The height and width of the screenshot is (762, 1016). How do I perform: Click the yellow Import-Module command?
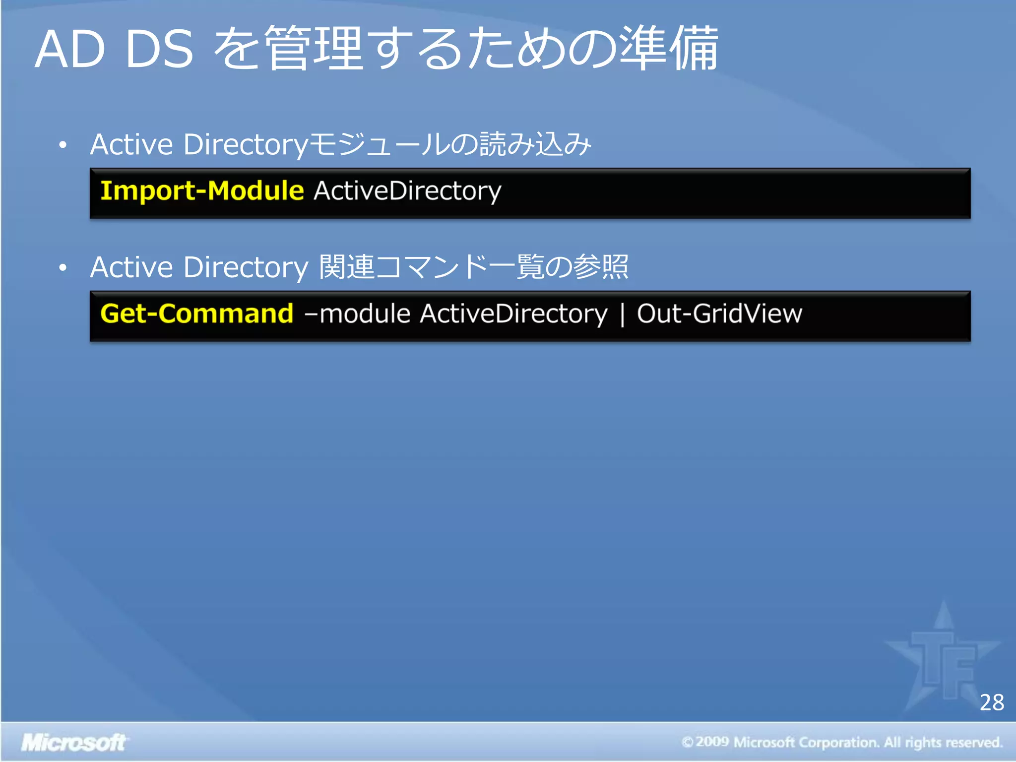201,191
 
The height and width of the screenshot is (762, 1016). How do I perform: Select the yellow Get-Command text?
196,314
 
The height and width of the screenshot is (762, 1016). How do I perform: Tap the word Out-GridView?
719,314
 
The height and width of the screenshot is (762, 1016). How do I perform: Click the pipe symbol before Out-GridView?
622,315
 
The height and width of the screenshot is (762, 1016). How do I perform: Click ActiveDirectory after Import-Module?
407,191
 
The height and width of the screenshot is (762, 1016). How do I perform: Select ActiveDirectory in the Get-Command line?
513,314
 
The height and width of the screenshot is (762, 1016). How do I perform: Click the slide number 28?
991,702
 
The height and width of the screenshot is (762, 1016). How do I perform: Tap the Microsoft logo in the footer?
73,743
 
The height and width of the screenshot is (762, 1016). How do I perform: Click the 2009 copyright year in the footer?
712,742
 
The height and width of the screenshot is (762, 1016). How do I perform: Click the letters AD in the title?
70,50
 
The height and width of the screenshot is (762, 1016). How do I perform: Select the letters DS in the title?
159,50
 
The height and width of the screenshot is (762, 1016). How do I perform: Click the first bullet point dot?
63,145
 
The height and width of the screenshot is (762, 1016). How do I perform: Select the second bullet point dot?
63,268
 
